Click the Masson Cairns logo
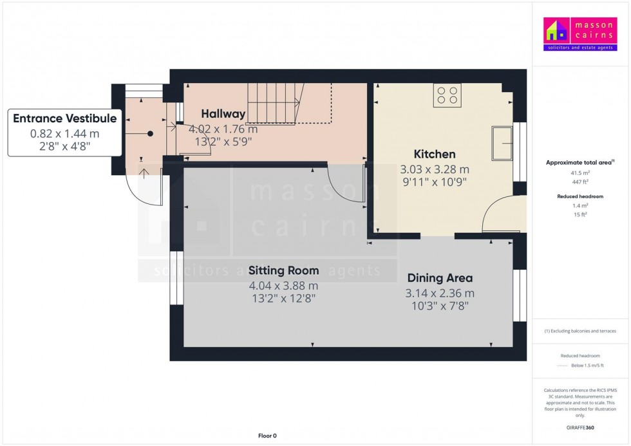(x=580, y=35)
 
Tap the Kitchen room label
(x=435, y=154)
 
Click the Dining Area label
(x=440, y=278)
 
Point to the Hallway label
(x=223, y=114)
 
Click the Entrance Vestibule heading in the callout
(x=65, y=118)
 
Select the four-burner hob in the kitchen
(x=447, y=95)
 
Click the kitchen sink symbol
(x=501, y=143)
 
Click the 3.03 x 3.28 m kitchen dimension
(x=435, y=169)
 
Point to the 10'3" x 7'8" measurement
(x=440, y=306)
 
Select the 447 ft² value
(x=581, y=182)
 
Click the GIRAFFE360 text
(x=581, y=427)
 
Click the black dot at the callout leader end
(x=150, y=134)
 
